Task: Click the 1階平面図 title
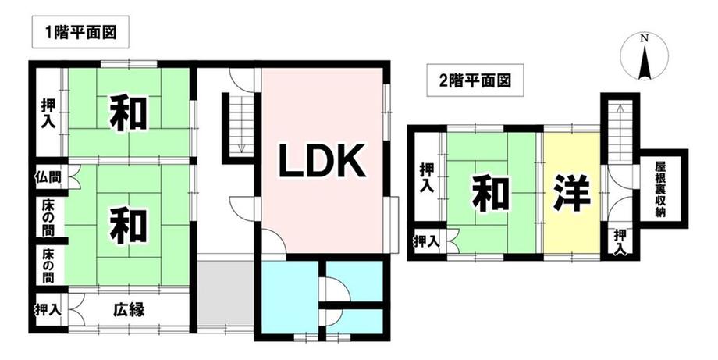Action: pyautogui.click(x=80, y=34)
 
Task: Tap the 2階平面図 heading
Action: pyautogui.click(x=468, y=80)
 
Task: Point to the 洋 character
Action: pyautogui.click(x=572, y=193)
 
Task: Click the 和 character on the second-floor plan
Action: pyautogui.click(x=490, y=193)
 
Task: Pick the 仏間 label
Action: pyautogui.click(x=47, y=177)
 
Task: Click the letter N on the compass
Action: pyautogui.click(x=644, y=39)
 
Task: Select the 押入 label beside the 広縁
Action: pyautogui.click(x=48, y=309)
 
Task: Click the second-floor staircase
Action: pyautogui.click(x=620, y=141)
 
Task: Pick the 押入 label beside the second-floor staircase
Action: pyautogui.click(x=621, y=241)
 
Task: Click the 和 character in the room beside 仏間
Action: pyautogui.click(x=130, y=225)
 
